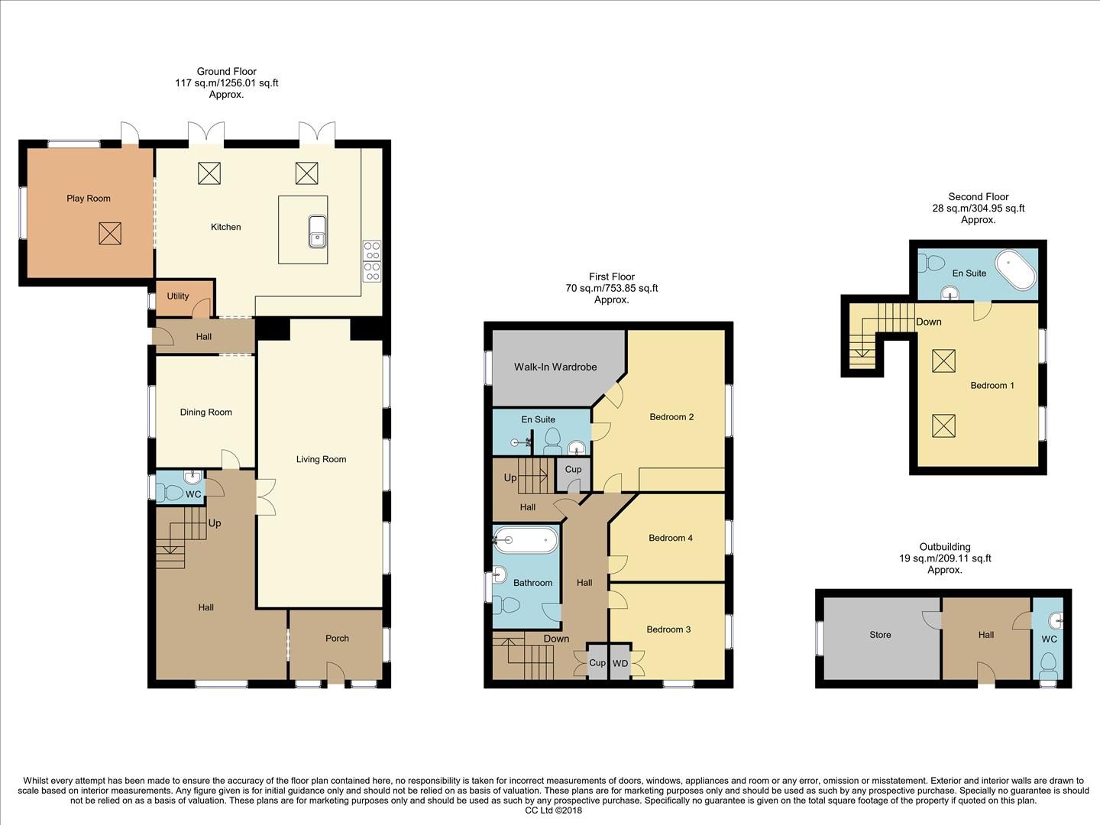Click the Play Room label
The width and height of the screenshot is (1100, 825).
[89, 199]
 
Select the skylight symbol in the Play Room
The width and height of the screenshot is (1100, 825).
[110, 233]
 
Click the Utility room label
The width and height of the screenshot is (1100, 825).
[178, 296]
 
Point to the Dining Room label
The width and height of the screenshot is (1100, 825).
[205, 412]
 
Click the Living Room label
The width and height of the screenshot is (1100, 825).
[322, 459]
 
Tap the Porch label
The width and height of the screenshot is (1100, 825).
[337, 639]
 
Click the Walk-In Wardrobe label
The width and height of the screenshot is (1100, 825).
[555, 367]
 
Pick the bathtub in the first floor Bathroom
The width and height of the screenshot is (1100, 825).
[526, 541]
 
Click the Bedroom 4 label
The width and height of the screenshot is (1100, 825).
[671, 538]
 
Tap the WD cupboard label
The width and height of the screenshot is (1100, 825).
[620, 664]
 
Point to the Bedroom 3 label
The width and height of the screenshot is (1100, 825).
[668, 629]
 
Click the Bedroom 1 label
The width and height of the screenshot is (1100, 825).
[992, 386]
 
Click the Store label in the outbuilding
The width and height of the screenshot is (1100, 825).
[880, 635]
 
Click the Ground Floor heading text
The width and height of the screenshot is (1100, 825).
[226, 72]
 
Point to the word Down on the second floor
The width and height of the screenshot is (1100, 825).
[929, 322]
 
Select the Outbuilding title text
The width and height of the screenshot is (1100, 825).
[945, 547]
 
